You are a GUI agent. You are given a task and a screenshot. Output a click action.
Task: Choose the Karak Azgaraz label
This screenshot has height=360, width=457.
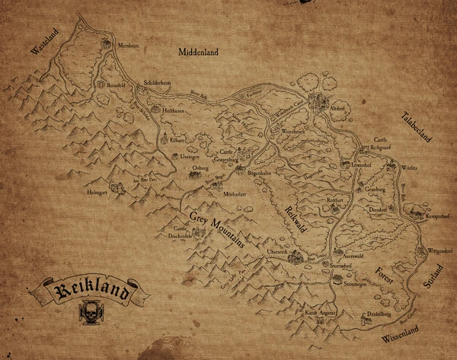pyautogui.click(x=321, y=313)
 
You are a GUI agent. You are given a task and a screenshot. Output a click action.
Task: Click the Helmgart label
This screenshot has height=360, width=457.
pyautogui.click(x=96, y=193)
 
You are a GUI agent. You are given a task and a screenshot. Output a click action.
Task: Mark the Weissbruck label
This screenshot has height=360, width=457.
pyautogui.click(x=294, y=132)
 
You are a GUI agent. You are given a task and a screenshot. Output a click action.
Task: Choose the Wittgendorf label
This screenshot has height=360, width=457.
pyautogui.click(x=439, y=250)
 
